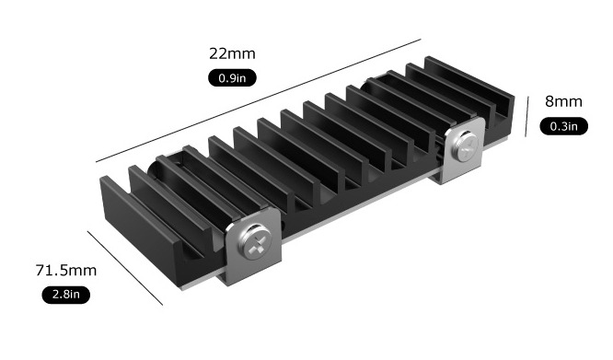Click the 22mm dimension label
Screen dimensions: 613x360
pyautogui.click(x=232, y=53)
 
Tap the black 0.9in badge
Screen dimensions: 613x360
pyautogui.click(x=232, y=77)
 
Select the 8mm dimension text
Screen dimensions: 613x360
pyautogui.click(x=563, y=101)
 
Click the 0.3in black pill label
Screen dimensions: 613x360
pyautogui.click(x=563, y=126)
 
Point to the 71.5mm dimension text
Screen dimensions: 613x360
pyautogui.click(x=66, y=271)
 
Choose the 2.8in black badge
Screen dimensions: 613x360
pyautogui.click(x=66, y=295)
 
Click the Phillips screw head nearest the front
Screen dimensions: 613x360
pyautogui.click(x=255, y=241)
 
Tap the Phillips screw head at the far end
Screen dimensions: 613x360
pyautogui.click(x=465, y=147)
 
